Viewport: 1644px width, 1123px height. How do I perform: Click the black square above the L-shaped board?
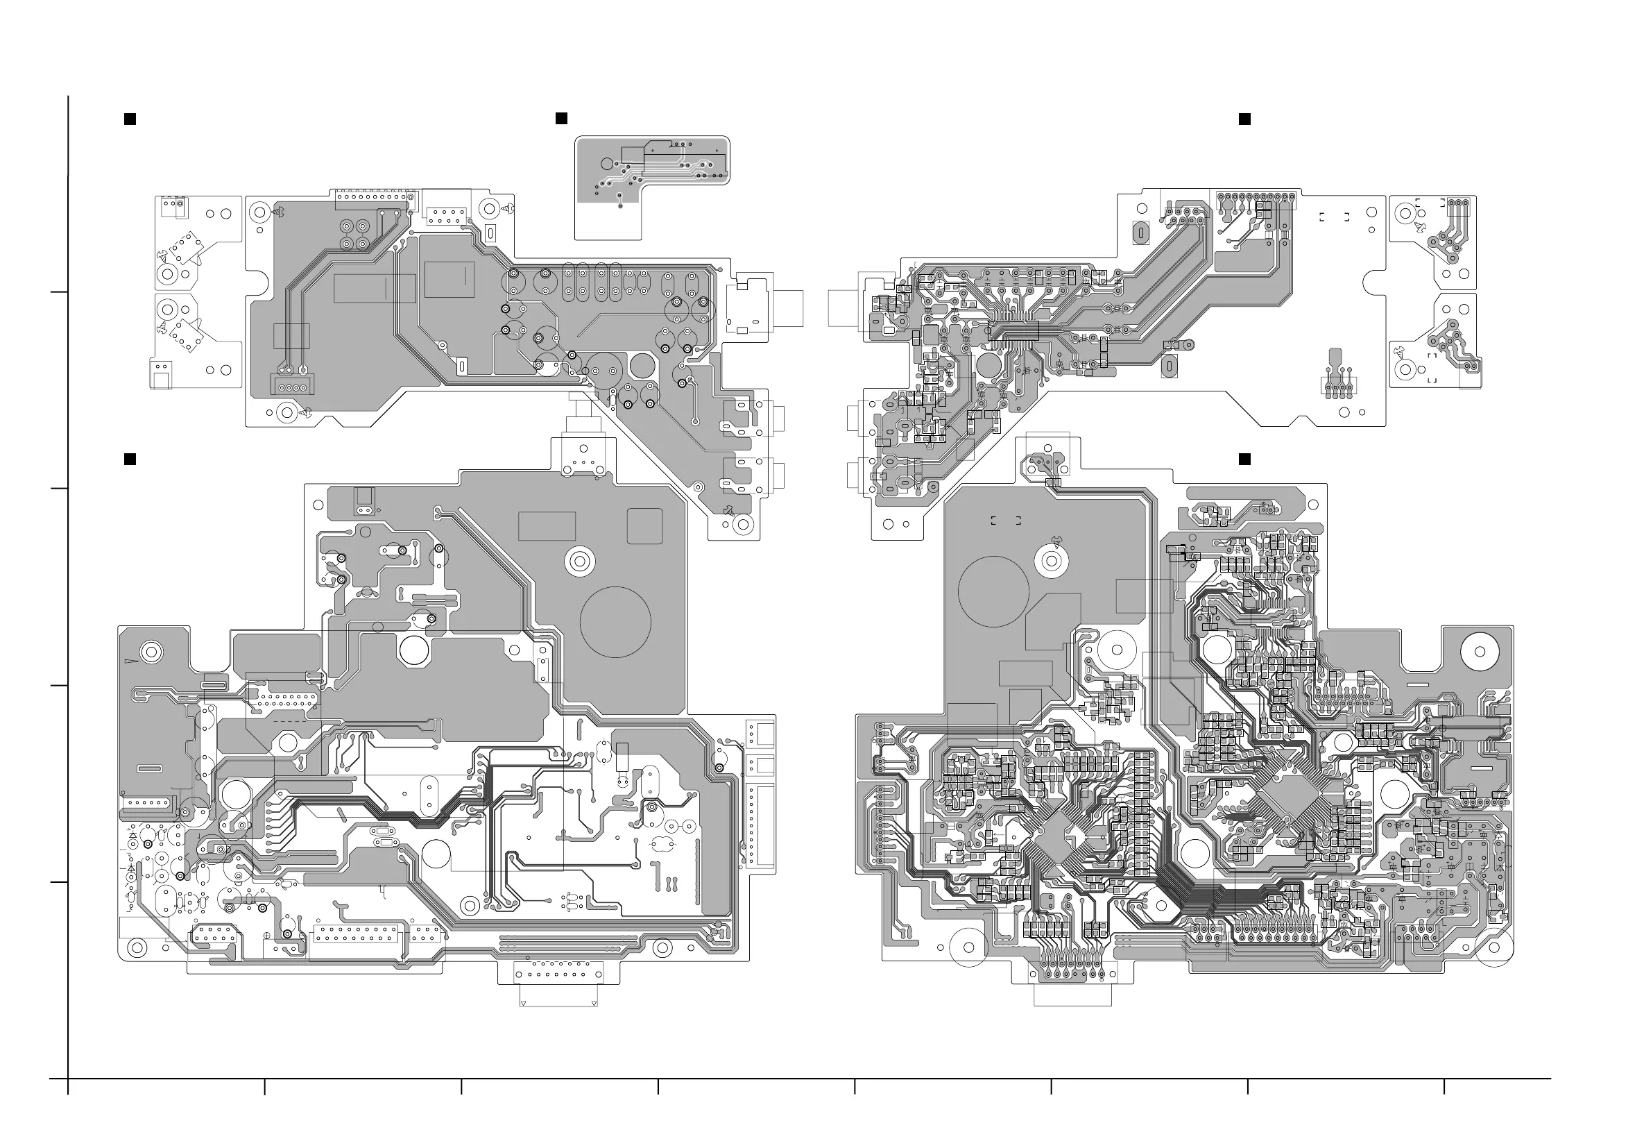tap(561, 118)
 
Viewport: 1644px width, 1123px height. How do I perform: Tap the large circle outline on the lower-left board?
tap(615, 622)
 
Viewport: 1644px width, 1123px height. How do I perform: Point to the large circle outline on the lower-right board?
tap(993, 591)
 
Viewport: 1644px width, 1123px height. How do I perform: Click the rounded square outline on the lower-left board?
tap(644, 527)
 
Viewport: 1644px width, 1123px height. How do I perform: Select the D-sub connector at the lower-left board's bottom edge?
tap(558, 974)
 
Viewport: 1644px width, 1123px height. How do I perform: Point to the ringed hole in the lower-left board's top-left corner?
tap(151, 651)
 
